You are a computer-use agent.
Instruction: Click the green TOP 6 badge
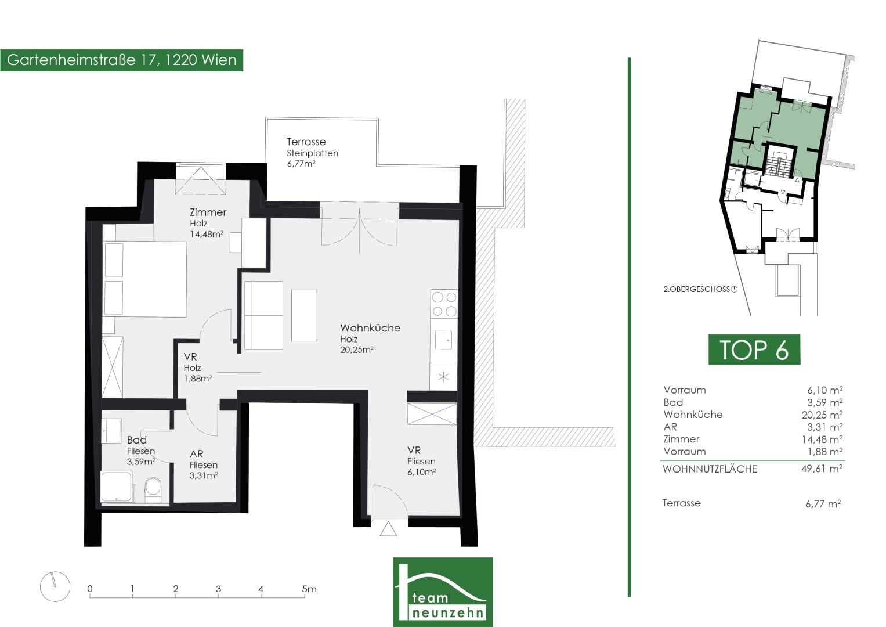[x=754, y=349]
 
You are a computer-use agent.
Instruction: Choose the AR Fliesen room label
[x=203, y=464]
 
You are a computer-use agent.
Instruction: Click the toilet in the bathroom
[x=153, y=490]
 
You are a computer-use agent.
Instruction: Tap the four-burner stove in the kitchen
[x=444, y=304]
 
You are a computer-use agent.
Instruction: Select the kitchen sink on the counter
[x=443, y=340]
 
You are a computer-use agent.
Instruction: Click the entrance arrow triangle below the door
[x=388, y=529]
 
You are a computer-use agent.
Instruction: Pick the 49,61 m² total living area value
[x=822, y=469]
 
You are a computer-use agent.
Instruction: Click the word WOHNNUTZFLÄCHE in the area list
[x=710, y=469]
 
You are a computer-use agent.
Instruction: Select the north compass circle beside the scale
[x=55, y=586]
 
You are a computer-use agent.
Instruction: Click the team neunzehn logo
[x=443, y=592]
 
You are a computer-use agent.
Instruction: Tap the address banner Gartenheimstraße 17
[x=121, y=60]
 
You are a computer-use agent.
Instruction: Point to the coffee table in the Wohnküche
[x=304, y=315]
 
